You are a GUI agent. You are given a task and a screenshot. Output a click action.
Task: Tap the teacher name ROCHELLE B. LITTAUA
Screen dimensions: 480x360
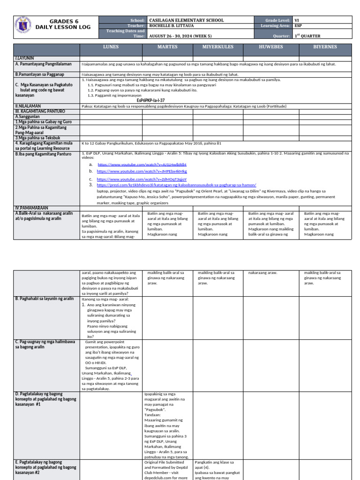tap(172, 26)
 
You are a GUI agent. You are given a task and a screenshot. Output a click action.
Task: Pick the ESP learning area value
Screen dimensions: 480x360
tap(298, 26)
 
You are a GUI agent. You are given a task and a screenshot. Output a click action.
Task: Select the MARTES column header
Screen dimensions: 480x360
tap(167, 47)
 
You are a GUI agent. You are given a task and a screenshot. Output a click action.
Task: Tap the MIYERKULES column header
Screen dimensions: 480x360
tap(218, 47)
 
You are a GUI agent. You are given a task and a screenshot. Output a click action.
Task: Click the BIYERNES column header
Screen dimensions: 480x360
tap(325, 47)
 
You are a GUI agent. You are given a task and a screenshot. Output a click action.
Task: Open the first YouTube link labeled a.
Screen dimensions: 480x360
tap(142, 165)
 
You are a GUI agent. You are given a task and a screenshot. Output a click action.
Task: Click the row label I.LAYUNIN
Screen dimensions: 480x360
tap(26, 57)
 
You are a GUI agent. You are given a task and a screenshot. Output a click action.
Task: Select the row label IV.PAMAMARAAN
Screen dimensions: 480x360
tap(31, 207)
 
